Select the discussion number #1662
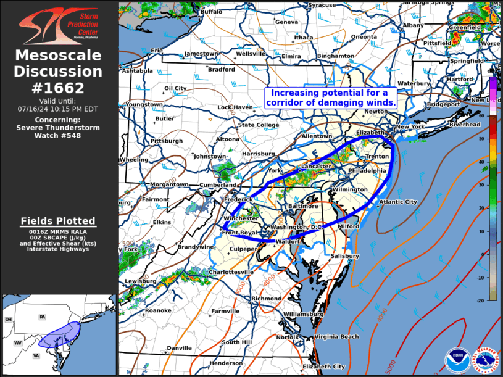coord(59,88)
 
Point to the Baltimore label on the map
coord(303,205)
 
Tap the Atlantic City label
coord(397,202)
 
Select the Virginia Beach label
coord(336,337)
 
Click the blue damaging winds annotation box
coord(330,97)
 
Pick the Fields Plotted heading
coord(58,221)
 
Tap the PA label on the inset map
coord(43,317)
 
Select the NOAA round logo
coord(456,360)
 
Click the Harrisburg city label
coord(259,154)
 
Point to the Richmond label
coord(266,299)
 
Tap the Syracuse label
coord(322,5)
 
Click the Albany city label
coord(413,25)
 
